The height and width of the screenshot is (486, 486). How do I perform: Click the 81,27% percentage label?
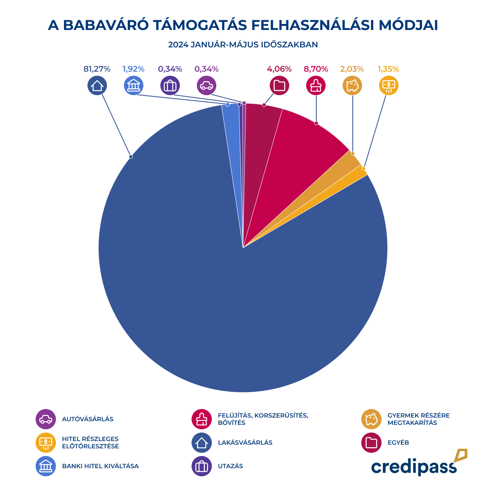97,69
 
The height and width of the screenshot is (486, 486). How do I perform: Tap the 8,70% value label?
316,69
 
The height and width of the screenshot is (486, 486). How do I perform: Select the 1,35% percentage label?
388,69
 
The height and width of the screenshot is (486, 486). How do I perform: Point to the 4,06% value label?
279,69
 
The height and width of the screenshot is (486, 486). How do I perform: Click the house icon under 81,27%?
97,85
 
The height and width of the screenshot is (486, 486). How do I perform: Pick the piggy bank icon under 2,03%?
352,85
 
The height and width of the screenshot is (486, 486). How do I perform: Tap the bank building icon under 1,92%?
134,85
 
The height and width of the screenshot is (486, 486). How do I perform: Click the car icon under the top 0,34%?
207,85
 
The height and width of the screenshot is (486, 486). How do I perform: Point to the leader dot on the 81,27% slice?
131,156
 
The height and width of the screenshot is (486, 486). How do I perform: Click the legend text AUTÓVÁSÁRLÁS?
87,419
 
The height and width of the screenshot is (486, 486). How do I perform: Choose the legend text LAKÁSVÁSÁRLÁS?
245,443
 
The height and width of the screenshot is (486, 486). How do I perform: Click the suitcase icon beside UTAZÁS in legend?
202,466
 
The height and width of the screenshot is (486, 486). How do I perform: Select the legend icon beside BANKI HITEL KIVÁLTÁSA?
46,466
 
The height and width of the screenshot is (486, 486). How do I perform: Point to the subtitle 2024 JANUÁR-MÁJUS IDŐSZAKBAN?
243,45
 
